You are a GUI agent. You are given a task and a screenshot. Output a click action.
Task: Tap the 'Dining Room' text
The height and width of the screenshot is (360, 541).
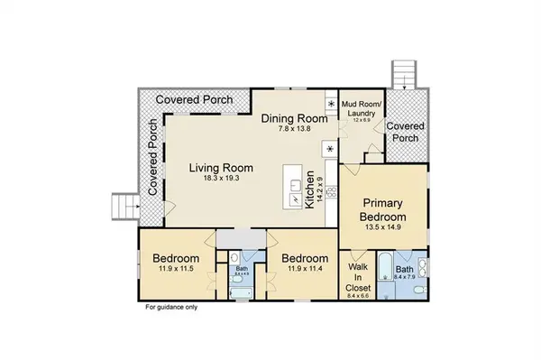point(291,118)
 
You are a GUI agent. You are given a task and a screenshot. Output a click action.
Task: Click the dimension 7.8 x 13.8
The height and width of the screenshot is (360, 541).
point(291,130)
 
